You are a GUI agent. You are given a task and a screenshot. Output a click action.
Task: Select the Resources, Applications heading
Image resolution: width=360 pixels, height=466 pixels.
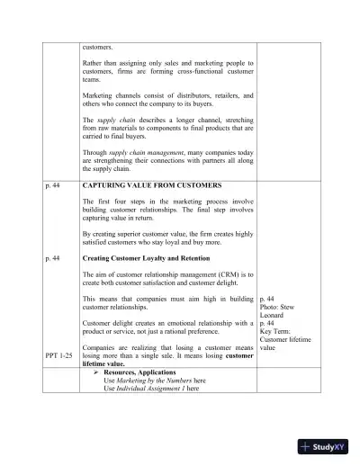142,371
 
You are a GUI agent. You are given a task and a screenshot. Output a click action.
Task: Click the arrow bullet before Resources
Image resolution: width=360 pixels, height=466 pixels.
96,371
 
